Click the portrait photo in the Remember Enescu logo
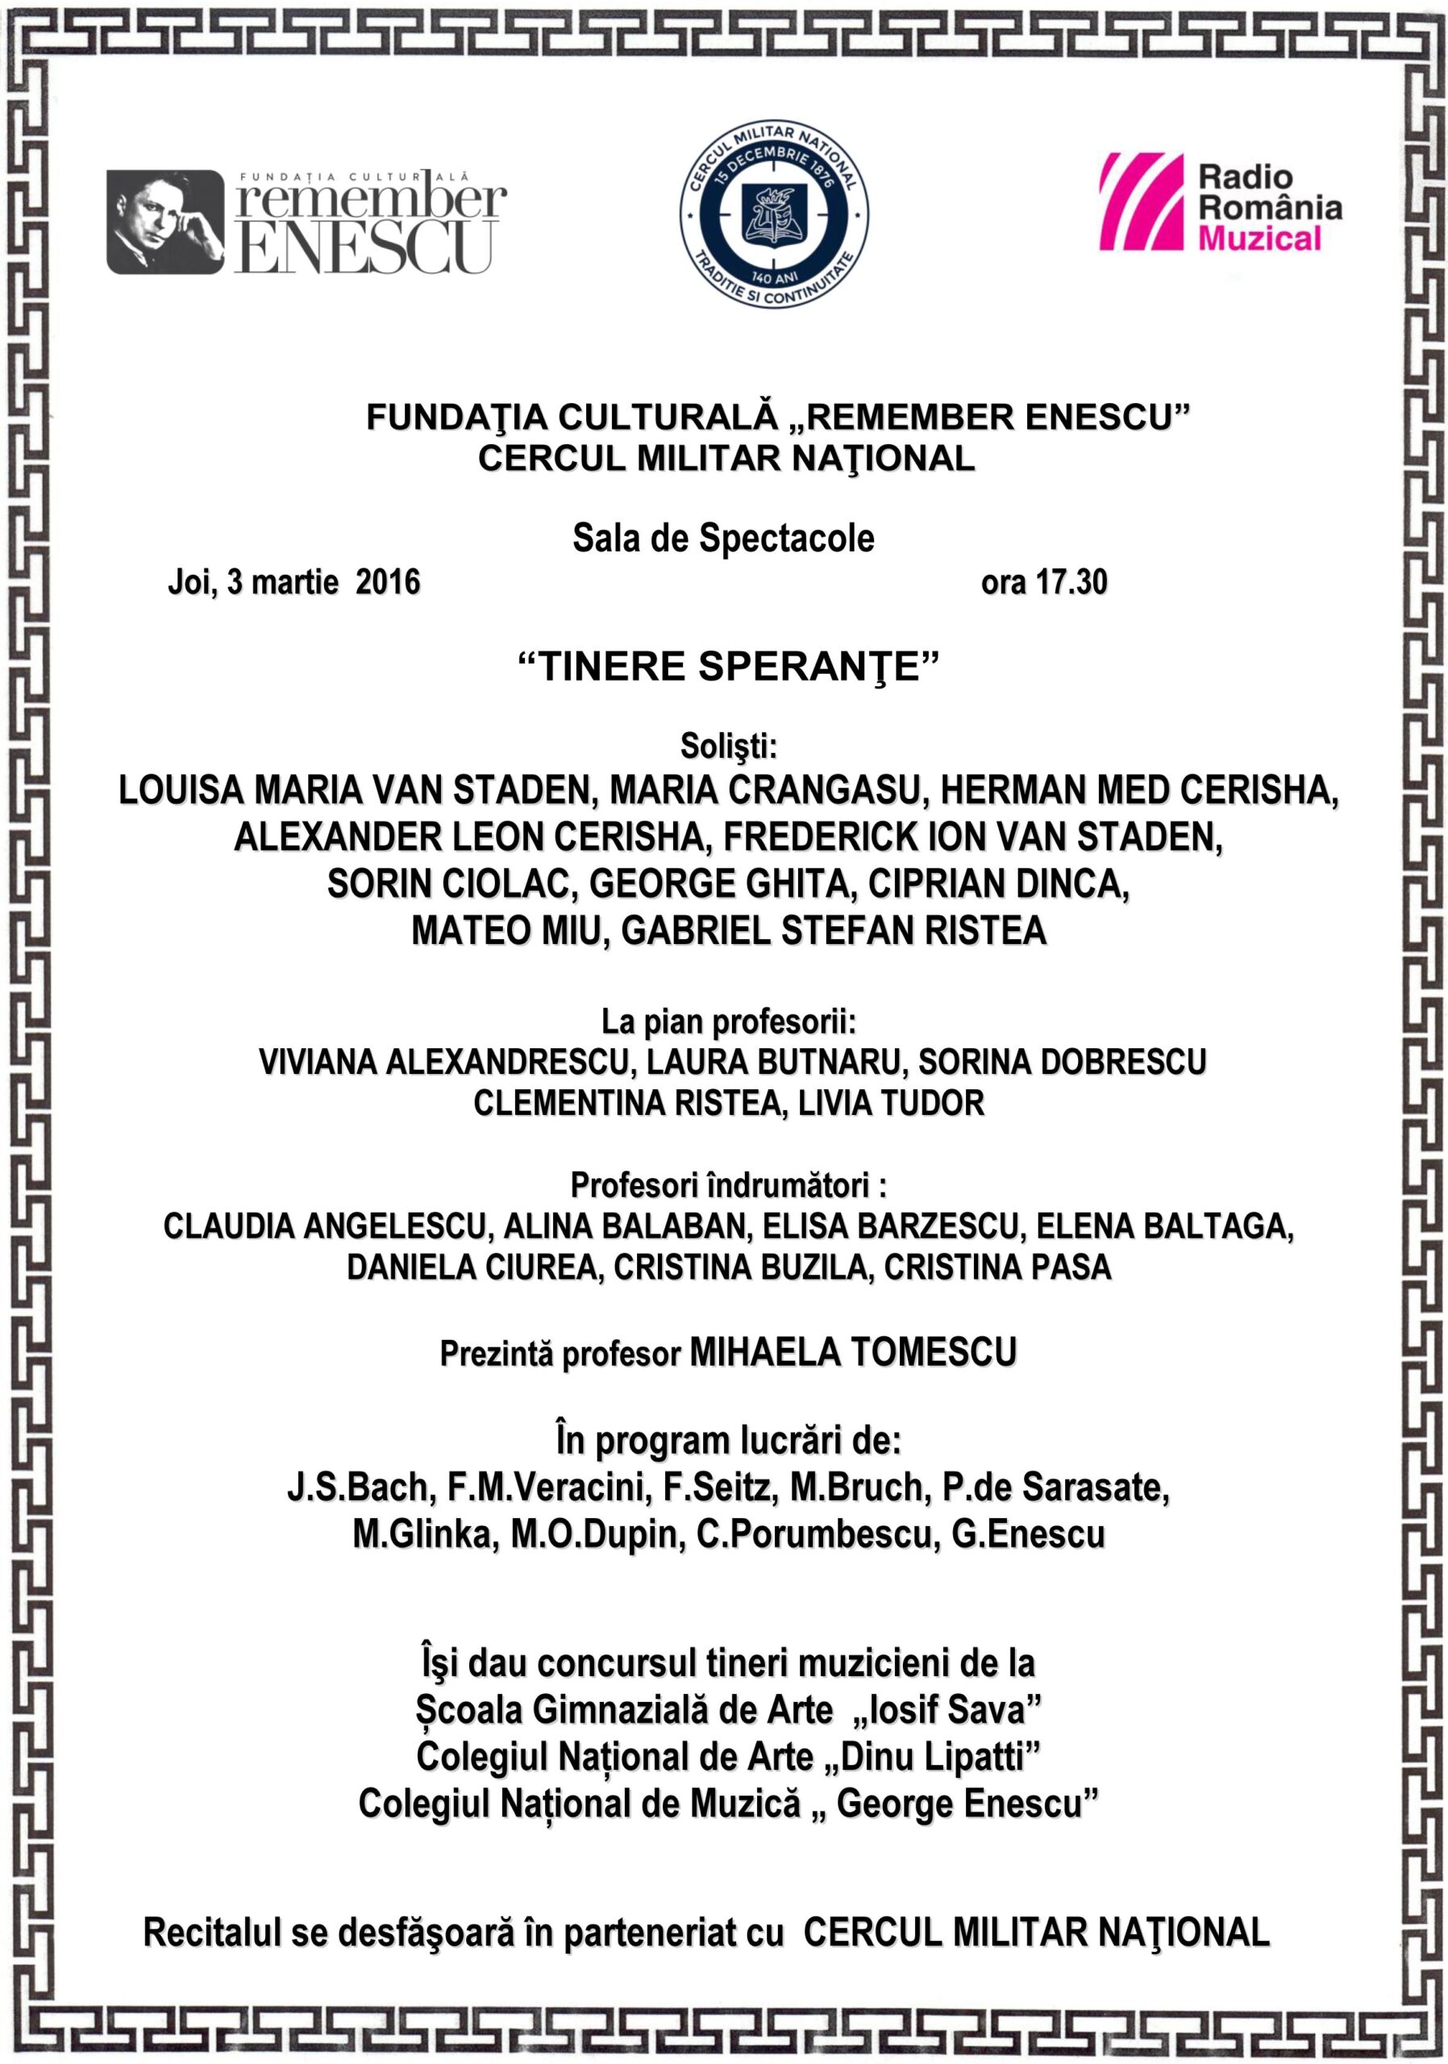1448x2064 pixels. (x=164, y=221)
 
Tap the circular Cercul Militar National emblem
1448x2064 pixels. (x=773, y=214)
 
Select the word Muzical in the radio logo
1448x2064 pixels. (x=1259, y=238)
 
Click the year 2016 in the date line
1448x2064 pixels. (x=387, y=583)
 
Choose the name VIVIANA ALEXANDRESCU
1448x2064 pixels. (x=443, y=1062)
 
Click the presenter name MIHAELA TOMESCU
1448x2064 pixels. (x=853, y=1351)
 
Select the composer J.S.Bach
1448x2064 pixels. (x=359, y=1487)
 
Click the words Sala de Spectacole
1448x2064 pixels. (x=723, y=539)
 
